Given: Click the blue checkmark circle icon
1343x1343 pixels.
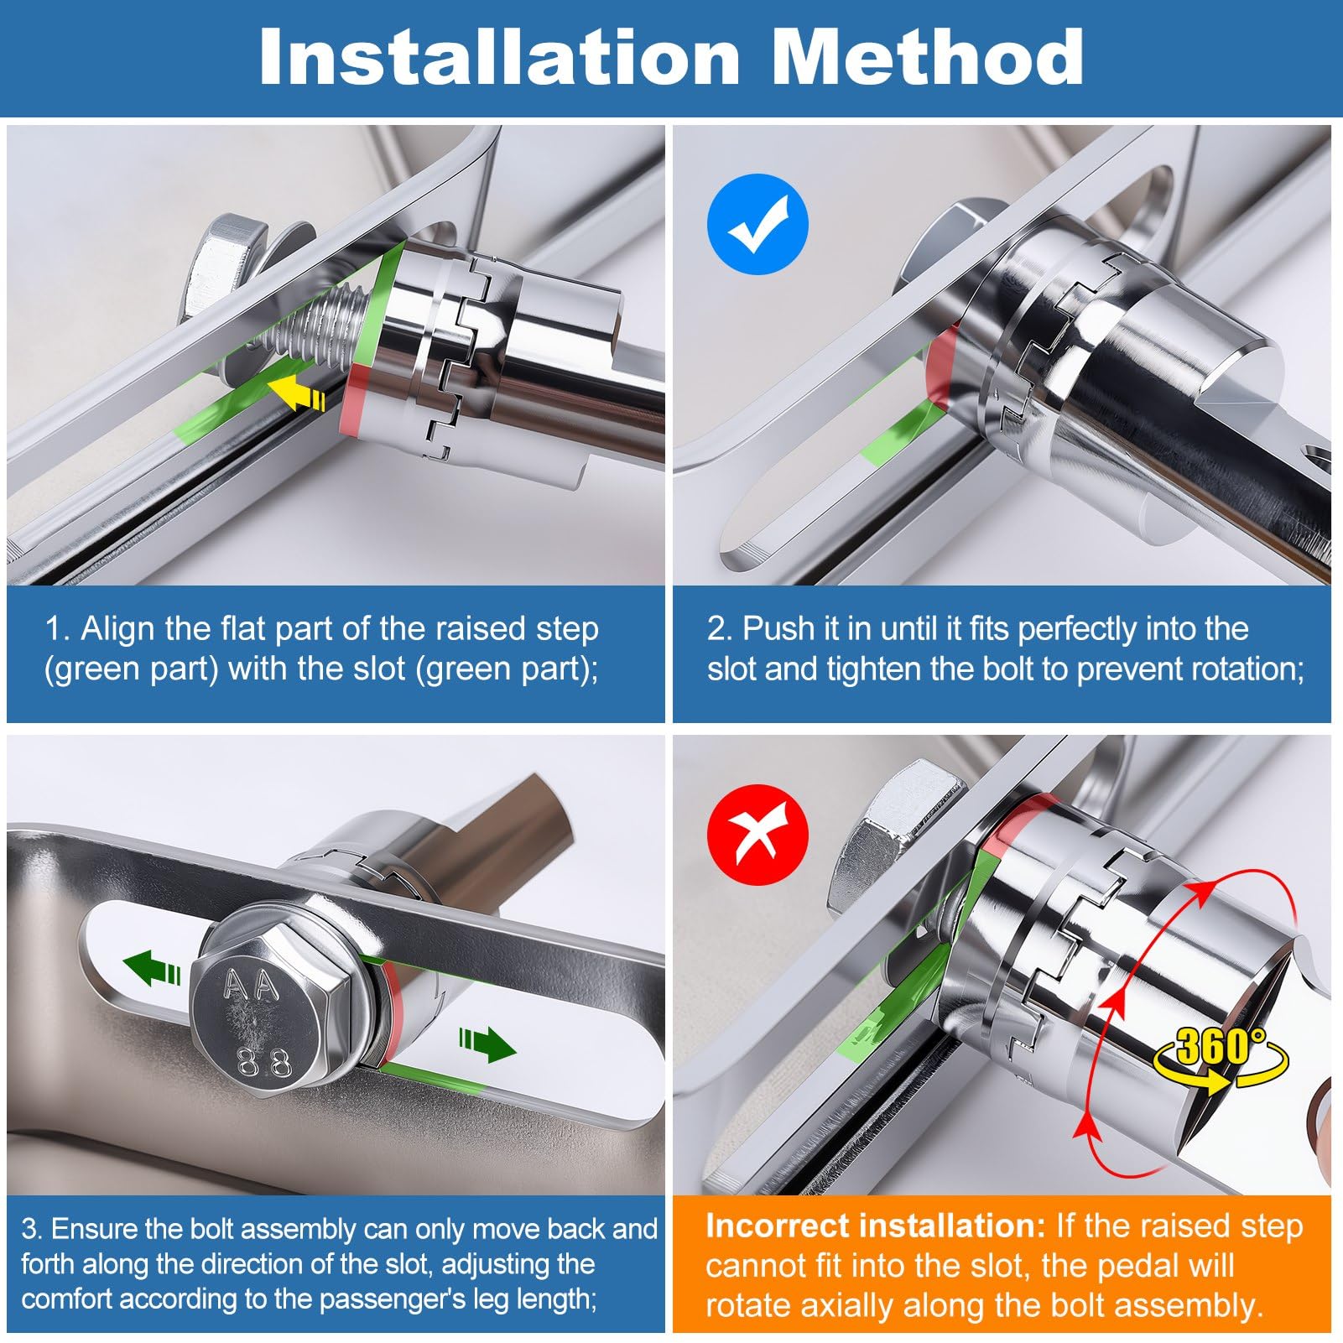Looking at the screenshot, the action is tap(757, 224).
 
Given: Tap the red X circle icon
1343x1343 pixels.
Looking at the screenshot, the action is tap(758, 835).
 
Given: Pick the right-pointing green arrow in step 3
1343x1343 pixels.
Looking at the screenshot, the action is tap(487, 1044).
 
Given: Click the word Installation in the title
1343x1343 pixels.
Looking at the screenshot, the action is tap(499, 56).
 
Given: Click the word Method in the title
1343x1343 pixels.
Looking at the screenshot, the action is tap(928, 56).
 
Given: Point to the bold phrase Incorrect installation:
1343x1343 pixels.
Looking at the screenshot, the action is tap(876, 1226).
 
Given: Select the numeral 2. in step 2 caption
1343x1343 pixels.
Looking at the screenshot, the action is tap(720, 629).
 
